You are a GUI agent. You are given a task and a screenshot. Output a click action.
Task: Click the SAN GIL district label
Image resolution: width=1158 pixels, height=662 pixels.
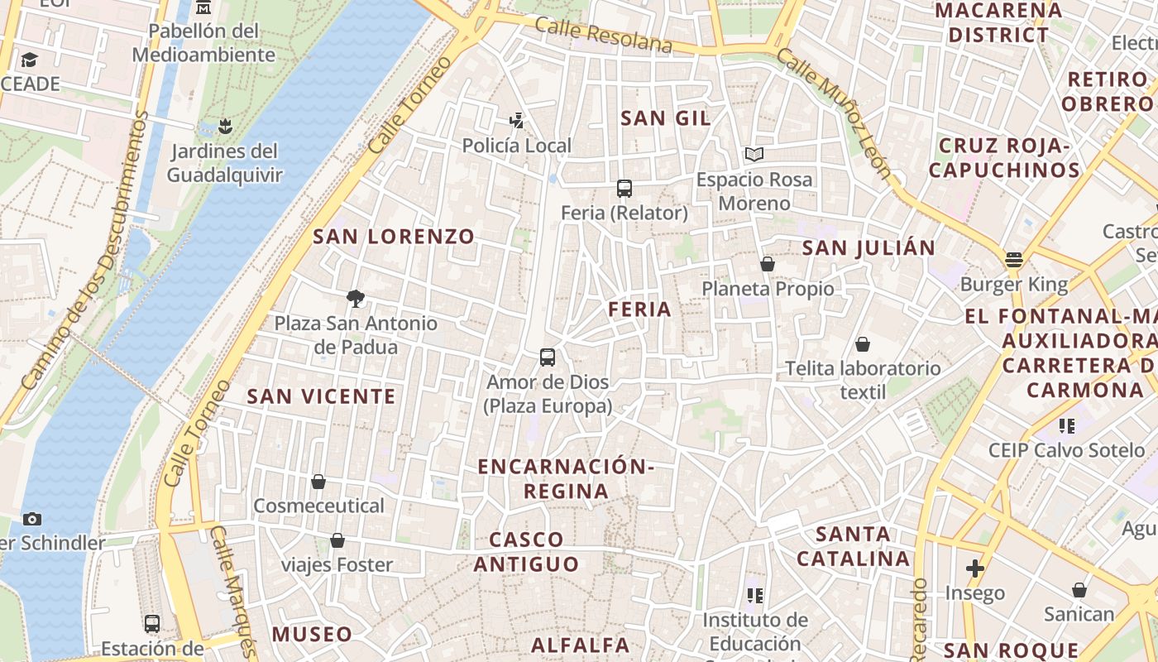pos(665,118)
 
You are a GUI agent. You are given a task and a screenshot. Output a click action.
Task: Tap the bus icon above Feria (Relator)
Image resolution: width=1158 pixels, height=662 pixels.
pos(624,189)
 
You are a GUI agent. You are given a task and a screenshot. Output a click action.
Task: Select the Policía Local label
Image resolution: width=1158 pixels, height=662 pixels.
pos(516,146)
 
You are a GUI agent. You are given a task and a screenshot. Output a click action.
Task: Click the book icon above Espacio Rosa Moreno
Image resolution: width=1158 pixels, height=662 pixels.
pos(754,154)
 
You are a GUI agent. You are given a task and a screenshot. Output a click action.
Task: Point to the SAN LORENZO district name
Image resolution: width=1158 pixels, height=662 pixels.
pos(394,237)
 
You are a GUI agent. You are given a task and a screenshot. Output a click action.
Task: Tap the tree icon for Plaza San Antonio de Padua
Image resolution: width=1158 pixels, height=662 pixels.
pos(356,298)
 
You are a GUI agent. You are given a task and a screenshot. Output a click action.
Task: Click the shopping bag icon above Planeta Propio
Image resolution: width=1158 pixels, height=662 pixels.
pos(768,264)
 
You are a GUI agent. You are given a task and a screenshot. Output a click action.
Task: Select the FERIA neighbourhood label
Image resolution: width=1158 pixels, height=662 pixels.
pos(639,309)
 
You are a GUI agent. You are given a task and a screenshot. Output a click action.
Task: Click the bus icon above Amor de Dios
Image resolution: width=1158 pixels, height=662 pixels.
pos(548,357)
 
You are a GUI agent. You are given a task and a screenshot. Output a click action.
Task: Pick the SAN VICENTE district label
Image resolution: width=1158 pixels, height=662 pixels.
pos(322,396)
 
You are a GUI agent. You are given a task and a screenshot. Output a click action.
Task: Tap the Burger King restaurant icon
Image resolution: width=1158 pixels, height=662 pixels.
pos(1014,260)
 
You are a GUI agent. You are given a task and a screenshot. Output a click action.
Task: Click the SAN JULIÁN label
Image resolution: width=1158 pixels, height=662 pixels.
pos(868,247)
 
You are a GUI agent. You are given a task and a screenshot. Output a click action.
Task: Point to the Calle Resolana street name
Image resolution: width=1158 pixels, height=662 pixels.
pos(603,35)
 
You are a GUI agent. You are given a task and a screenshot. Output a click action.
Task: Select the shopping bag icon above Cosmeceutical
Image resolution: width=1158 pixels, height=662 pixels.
pos(318,482)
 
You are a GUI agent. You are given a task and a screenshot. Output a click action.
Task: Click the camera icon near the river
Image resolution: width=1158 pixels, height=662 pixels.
pos(32,519)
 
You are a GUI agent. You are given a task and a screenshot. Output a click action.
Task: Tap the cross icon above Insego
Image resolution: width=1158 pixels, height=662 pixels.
pos(975,568)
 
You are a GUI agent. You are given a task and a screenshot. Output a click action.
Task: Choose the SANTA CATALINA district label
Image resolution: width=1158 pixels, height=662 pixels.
pos(853,546)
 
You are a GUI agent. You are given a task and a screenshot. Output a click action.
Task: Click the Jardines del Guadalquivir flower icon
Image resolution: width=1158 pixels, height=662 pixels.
pos(224,127)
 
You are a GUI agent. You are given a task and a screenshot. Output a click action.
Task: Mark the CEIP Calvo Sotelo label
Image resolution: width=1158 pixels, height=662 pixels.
pos(1067,451)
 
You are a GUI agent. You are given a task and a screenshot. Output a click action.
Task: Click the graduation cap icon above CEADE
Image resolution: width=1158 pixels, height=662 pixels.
pos(30,60)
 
